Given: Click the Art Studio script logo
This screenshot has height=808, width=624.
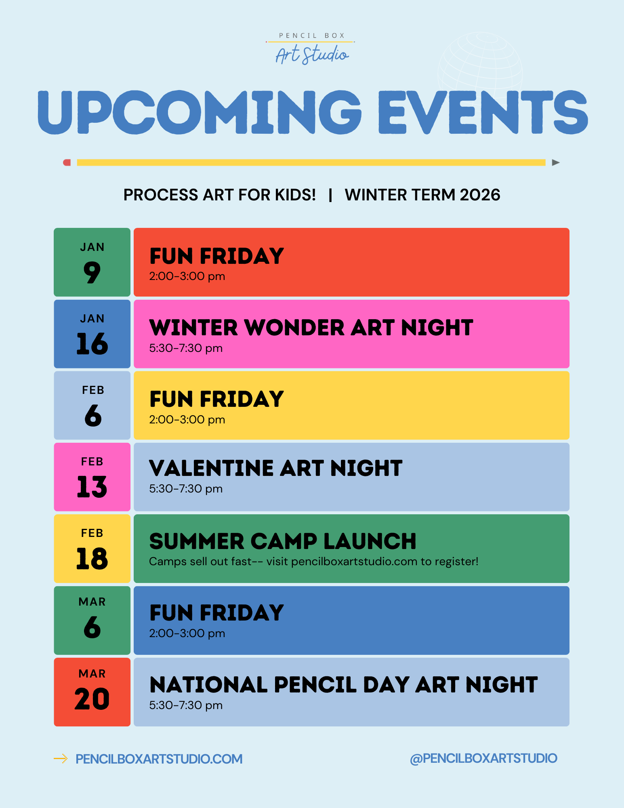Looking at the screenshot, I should [311, 55].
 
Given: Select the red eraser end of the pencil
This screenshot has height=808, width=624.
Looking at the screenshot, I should [67, 162].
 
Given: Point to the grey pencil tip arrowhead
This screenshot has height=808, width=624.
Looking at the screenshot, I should [556, 162].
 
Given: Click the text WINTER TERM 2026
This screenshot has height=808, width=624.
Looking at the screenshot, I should [422, 195].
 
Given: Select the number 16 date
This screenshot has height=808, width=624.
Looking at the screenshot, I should [92, 344].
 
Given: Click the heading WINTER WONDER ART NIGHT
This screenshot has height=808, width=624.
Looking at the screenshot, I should [311, 327].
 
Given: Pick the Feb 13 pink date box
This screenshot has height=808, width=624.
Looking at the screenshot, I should [92, 477].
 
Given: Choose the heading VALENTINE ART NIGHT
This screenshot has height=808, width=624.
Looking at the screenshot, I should [275, 468].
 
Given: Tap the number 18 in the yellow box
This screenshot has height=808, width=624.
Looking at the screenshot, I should [92, 559].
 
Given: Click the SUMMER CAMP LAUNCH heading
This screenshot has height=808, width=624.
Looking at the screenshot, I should [282, 541].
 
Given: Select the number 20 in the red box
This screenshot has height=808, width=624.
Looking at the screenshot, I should [92, 699].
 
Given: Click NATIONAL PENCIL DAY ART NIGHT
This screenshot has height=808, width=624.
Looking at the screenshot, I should [343, 684].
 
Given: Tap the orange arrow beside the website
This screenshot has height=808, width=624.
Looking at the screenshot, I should [61, 759].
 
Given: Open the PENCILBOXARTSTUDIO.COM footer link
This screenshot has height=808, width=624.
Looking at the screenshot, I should [159, 759].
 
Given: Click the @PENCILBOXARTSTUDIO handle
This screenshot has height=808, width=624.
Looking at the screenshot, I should [483, 758].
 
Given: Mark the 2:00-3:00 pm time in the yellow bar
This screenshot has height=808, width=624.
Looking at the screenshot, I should [187, 419].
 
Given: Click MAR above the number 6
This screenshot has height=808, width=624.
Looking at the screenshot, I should [92, 602].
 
